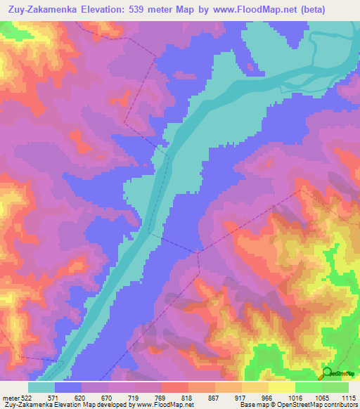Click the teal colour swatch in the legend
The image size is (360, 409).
coord(41,387)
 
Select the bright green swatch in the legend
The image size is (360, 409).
coord(309,387)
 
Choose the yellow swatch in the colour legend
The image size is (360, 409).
coord(281,387)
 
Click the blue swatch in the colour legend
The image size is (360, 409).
coord(68,387)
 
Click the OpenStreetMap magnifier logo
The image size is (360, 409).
coord(326,372)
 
